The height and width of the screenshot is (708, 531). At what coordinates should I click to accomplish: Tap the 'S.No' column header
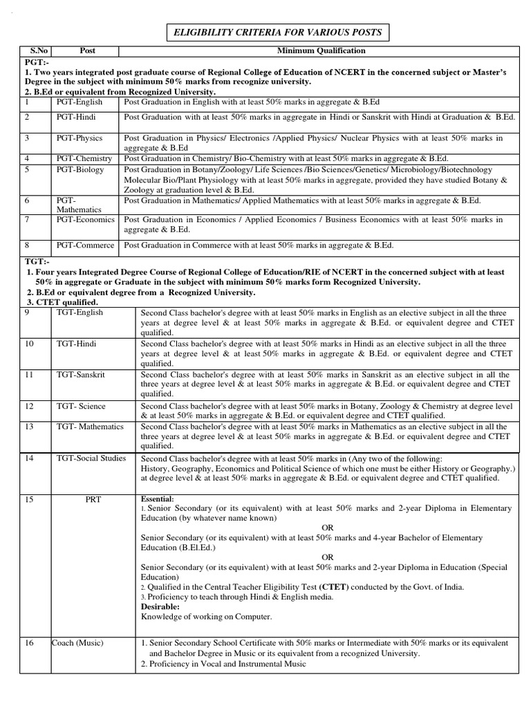click(33, 50)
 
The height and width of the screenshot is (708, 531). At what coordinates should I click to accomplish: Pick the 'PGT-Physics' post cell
click(80, 138)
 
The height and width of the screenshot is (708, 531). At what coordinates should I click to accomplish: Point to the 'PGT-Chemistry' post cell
click(84, 159)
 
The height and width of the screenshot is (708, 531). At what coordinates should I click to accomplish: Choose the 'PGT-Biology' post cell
click(80, 169)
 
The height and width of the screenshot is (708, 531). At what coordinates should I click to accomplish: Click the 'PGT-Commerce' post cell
click(85, 245)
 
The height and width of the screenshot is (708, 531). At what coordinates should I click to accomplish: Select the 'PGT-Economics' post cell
click(86, 220)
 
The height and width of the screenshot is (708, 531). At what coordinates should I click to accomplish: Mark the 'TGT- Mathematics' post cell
click(90, 427)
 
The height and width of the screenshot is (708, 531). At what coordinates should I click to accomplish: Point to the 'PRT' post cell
click(93, 499)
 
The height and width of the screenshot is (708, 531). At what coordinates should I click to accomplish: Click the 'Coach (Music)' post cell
click(77, 643)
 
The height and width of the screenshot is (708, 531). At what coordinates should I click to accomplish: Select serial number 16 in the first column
click(29, 643)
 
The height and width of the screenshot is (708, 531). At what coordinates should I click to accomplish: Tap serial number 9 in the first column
click(28, 313)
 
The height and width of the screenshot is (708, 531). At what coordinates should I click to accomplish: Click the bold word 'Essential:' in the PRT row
click(158, 499)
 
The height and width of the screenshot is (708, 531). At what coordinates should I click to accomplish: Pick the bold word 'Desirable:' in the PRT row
click(160, 606)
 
